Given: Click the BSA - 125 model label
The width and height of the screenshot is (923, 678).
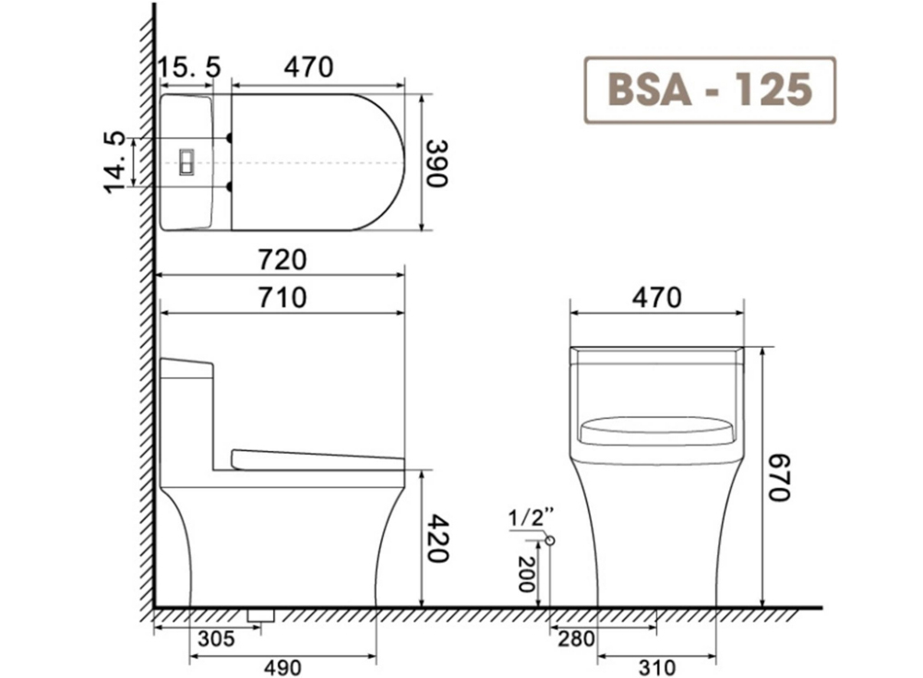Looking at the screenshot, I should [x=710, y=90].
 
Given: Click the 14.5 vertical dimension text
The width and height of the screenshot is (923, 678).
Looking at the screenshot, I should [x=115, y=161].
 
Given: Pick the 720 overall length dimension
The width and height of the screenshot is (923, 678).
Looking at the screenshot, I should [x=281, y=260].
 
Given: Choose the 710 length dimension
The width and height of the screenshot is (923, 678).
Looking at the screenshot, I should [x=281, y=298].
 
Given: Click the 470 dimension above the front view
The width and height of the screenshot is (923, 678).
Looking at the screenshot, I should [x=656, y=298].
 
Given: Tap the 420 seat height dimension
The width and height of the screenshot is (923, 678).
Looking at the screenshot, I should [x=437, y=539].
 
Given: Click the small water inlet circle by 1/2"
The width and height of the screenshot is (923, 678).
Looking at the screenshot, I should [x=550, y=540].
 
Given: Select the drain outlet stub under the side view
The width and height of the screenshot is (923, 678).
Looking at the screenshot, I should [x=261, y=613].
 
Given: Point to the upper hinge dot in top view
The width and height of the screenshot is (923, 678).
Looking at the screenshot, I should [x=229, y=138].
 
